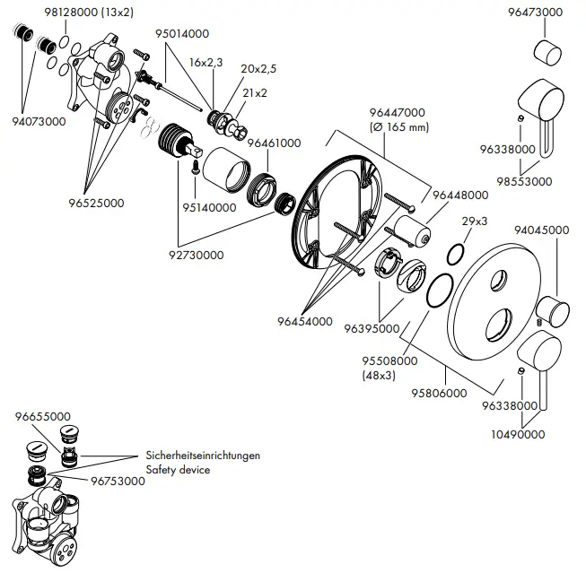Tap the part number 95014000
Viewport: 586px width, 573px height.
(x=182, y=33)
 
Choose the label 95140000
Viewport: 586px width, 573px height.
(x=211, y=207)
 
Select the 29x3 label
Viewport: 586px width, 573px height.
(x=474, y=221)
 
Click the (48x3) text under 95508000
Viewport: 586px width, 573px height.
(x=378, y=376)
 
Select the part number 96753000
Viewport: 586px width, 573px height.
(x=118, y=481)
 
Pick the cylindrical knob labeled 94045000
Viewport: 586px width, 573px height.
(x=553, y=313)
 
